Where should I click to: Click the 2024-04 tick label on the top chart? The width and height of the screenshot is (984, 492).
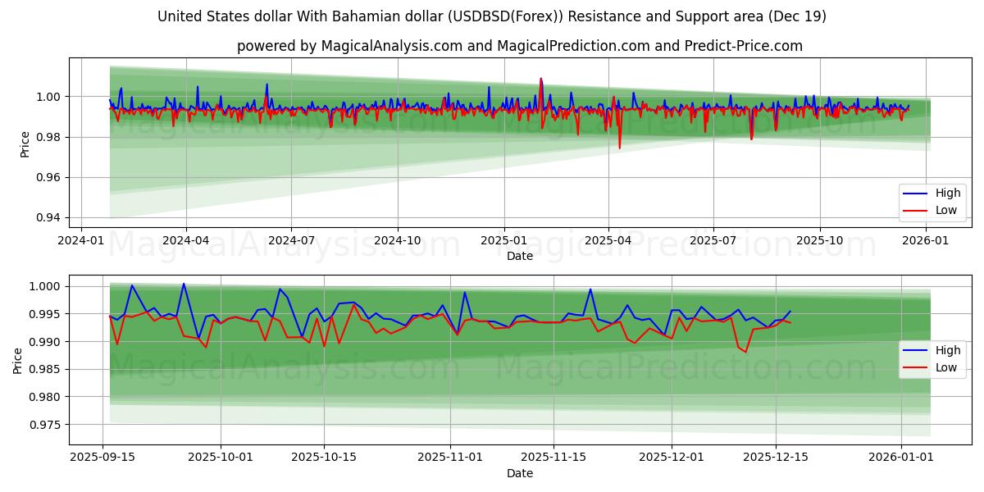pyautogui.click(x=185, y=240)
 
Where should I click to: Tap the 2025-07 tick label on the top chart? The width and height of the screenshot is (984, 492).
pyautogui.click(x=713, y=240)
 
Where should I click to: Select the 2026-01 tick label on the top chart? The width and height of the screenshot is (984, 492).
pyautogui.click(x=926, y=240)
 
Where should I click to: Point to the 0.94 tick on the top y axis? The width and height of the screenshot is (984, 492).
pyautogui.click(x=50, y=218)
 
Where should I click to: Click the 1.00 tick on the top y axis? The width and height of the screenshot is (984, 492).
pyautogui.click(x=50, y=97)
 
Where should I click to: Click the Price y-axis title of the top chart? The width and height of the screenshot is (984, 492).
pyautogui.click(x=25, y=144)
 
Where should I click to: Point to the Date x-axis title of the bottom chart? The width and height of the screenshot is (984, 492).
pyautogui.click(x=520, y=473)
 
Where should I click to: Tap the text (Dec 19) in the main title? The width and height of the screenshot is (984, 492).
pyautogui.click(x=799, y=16)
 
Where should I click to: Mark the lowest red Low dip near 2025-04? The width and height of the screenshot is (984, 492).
pyautogui.click(x=619, y=148)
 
